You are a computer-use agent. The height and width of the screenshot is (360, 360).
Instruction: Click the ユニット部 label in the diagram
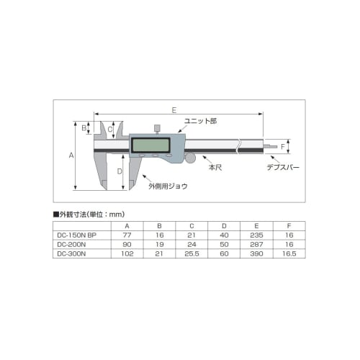[199, 121]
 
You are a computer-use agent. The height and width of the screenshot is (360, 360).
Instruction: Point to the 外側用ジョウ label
[168, 186]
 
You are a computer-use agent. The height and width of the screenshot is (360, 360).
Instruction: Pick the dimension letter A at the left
[71, 155]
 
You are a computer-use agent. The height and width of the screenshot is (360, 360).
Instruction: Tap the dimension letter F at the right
[283, 148]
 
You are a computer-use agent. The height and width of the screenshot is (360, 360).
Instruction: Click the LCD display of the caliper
[150, 145]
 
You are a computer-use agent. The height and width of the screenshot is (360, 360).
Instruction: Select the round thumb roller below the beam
[192, 158]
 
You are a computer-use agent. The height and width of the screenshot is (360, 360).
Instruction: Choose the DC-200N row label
[72, 244]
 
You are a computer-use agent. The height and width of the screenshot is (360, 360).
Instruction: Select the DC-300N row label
[72, 253]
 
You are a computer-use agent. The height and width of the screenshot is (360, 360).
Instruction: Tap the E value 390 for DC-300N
[257, 253]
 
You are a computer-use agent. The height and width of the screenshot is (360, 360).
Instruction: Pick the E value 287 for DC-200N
[257, 244]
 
